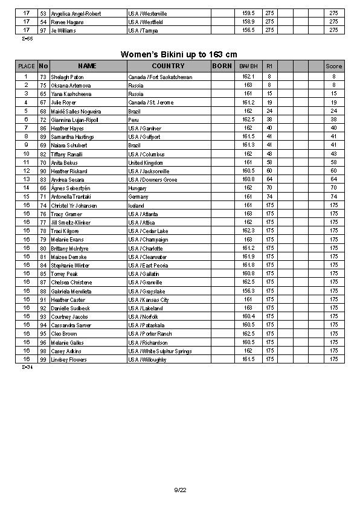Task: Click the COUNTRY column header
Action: pyautogui.click(x=168, y=66)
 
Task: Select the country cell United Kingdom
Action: pyautogui.click(x=146, y=163)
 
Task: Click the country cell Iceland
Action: pyautogui.click(x=137, y=206)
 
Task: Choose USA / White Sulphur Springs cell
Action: pyautogui.click(x=160, y=351)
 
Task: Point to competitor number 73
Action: pyautogui.click(x=43, y=77)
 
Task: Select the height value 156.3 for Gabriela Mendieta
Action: pyautogui.click(x=248, y=291)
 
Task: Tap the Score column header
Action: pyautogui.click(x=333, y=66)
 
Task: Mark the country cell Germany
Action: pyautogui.click(x=138, y=197)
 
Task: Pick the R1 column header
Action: pyautogui.click(x=269, y=66)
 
